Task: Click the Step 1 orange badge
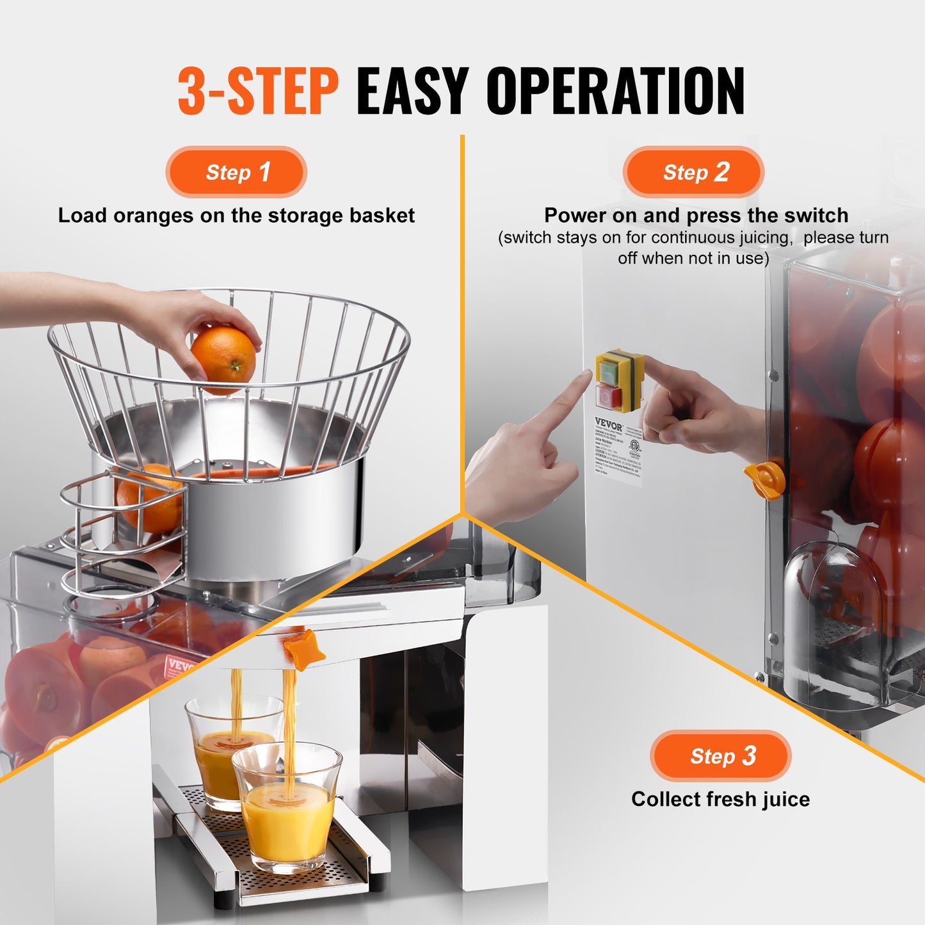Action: click(x=236, y=172)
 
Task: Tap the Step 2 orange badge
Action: click(x=694, y=172)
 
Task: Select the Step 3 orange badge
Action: click(x=721, y=755)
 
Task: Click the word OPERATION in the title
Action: click(x=615, y=91)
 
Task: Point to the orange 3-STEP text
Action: click(x=257, y=91)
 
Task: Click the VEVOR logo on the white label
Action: click(x=608, y=424)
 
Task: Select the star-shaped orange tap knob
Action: click(x=303, y=649)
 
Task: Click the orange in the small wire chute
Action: click(x=149, y=499)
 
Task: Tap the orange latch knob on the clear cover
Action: click(x=767, y=478)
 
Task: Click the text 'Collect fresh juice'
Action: click(x=720, y=799)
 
